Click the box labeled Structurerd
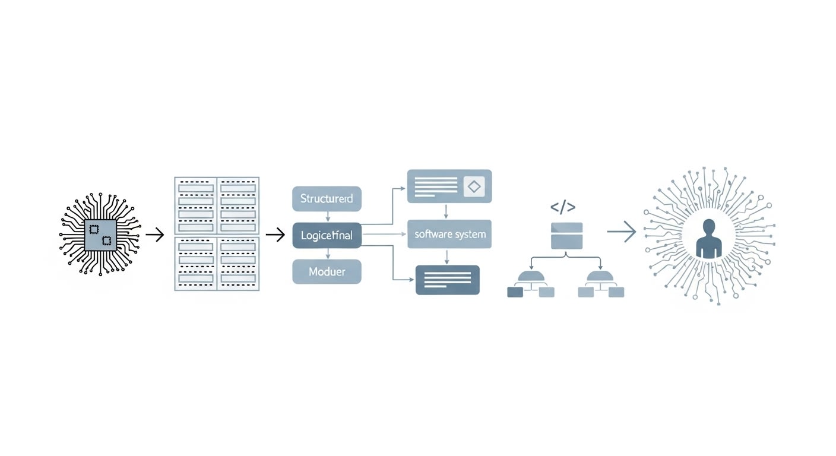327,199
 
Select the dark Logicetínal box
327,236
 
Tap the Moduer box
327,271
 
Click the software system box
449,234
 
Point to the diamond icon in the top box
473,186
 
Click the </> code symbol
562,207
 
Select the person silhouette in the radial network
708,239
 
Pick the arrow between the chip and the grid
154,235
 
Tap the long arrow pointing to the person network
621,232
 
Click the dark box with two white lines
447,280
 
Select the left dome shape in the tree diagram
530,277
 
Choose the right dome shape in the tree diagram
599,277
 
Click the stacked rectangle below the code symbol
566,235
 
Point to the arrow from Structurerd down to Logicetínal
327,217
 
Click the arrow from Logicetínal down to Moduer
327,254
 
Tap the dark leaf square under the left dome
514,292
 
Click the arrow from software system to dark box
446,256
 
